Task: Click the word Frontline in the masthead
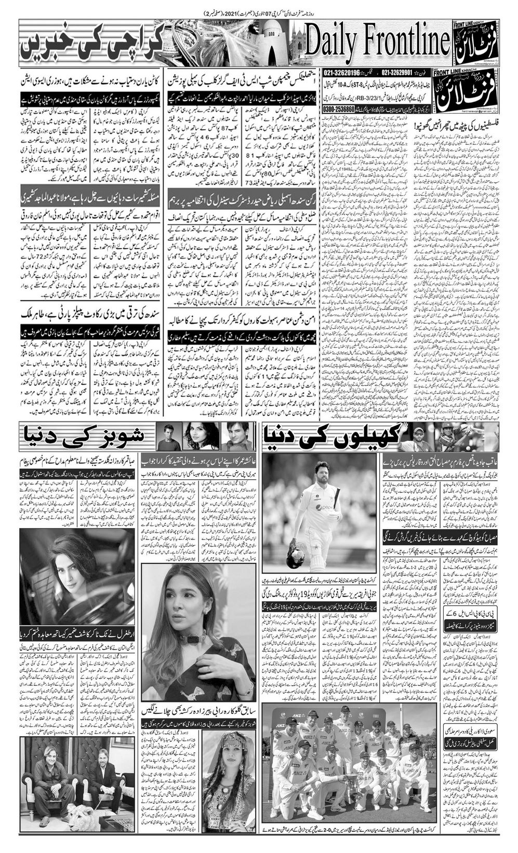coord(405,42)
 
